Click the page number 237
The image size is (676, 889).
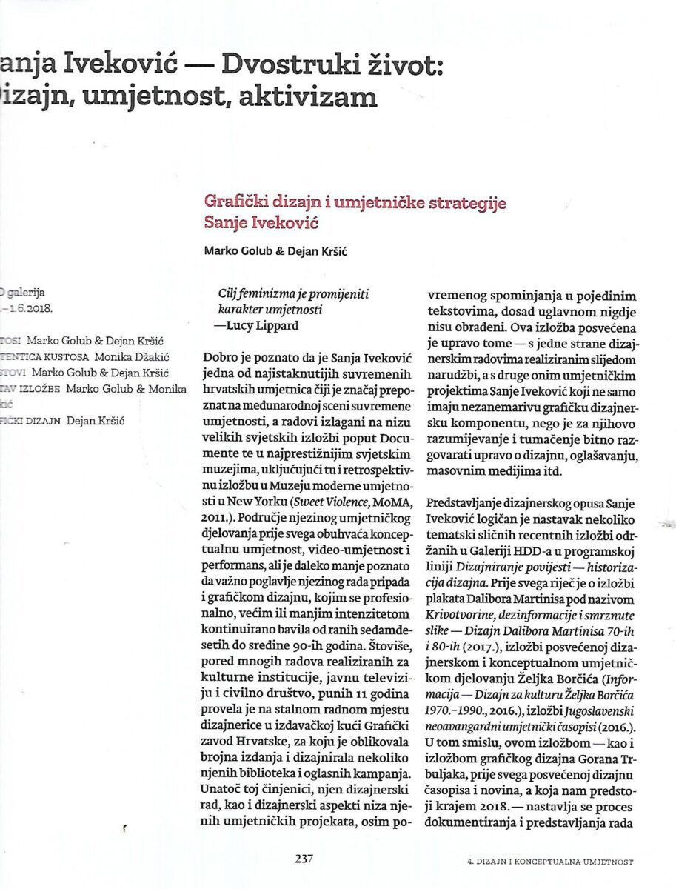pyautogui.click(x=304, y=859)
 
